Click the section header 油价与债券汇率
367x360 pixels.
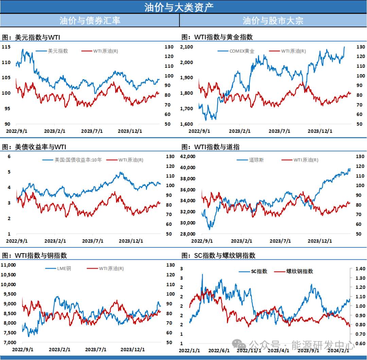(90, 21)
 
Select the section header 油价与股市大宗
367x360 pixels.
(273, 21)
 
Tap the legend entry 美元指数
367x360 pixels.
(58, 51)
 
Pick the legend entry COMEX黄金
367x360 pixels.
(242, 51)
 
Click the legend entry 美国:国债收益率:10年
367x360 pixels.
(78, 160)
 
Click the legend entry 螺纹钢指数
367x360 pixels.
(299, 271)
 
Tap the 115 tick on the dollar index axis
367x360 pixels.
(6, 47)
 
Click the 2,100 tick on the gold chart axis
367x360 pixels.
(187, 47)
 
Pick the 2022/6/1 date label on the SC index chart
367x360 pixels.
(219, 350)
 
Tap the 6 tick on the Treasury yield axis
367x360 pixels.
(10, 157)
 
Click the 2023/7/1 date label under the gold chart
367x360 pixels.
(279, 131)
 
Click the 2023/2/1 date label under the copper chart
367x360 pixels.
(59, 349)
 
